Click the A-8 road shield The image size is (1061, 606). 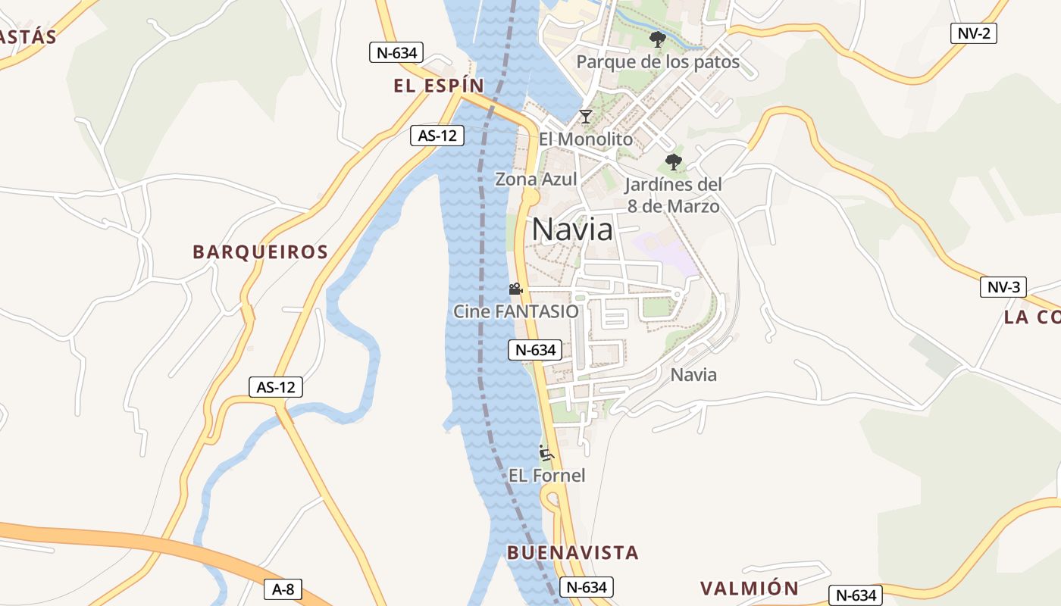[x=283, y=589]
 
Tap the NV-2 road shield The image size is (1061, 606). [x=973, y=33]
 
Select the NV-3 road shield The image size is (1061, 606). [x=1003, y=287]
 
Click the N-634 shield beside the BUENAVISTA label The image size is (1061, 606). [x=587, y=587]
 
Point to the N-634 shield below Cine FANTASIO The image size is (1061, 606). [x=535, y=350]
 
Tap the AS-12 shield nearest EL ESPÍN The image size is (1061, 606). [x=437, y=136]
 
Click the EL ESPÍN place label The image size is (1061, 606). [x=438, y=86]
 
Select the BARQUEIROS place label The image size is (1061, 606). [x=260, y=252]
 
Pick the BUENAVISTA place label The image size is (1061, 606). [x=572, y=552]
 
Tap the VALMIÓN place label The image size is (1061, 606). [x=749, y=589]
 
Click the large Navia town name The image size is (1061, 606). [x=572, y=229]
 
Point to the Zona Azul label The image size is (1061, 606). [x=536, y=180]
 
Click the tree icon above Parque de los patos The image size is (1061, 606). [x=657, y=39]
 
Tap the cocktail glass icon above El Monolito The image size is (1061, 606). [x=585, y=117]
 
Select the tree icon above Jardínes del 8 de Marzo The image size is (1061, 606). [x=673, y=161]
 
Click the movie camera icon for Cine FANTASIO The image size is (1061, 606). [x=515, y=289]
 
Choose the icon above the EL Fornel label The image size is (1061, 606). [x=546, y=453]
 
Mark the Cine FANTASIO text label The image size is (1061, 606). [x=515, y=311]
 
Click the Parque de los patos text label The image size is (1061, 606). [x=658, y=62]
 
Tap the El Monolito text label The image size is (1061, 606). [x=585, y=139]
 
